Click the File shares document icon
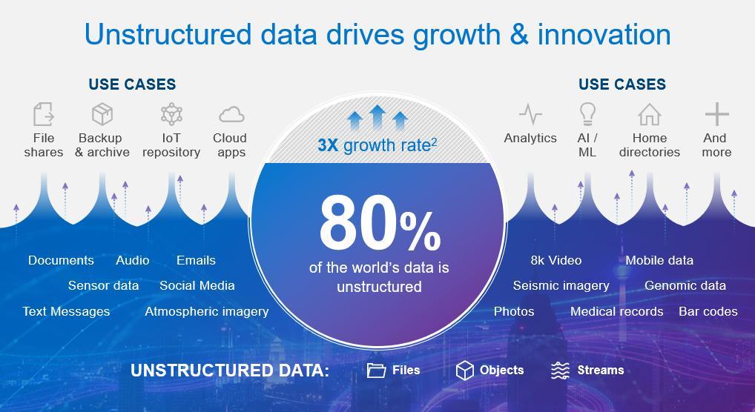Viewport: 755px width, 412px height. pos(43,114)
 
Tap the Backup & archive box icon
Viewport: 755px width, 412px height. pos(102,114)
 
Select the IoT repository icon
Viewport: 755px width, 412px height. pos(171,114)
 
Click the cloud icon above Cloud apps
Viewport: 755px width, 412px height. pos(231,115)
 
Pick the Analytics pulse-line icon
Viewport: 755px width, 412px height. pos(530,114)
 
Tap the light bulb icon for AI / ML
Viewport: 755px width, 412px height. pos(587,114)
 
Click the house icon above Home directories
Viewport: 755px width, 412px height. pos(650,115)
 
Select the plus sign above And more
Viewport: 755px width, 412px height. pos(717,114)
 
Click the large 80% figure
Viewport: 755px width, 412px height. pos(380,224)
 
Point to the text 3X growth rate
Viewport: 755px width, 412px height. pos(377,145)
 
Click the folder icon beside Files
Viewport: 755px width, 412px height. pos(376,370)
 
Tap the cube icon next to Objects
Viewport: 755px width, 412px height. pos(465,370)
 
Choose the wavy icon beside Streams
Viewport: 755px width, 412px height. pos(560,370)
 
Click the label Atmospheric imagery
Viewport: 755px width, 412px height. pos(207,311)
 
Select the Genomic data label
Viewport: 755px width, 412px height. pos(685,285)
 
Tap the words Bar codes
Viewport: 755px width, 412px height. pos(708,311)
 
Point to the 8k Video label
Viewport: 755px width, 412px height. pos(556,260)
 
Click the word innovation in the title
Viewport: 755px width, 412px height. pos(604,35)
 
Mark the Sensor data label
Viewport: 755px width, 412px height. pos(104,285)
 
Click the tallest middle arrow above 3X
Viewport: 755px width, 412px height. pos(377,116)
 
